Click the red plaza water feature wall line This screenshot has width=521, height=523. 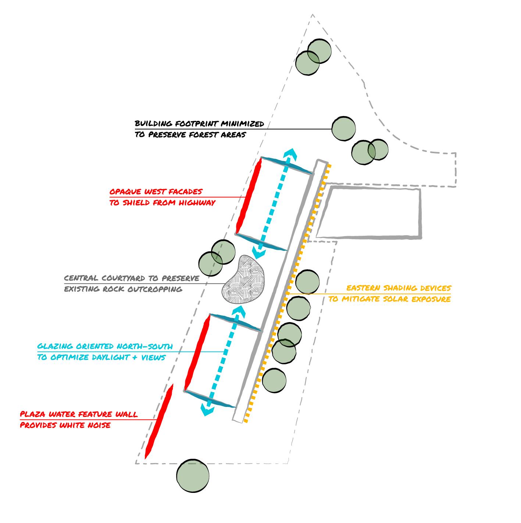(x=159, y=422)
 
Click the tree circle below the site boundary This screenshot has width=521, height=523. (x=193, y=476)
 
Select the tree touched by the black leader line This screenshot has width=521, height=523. (x=343, y=129)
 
